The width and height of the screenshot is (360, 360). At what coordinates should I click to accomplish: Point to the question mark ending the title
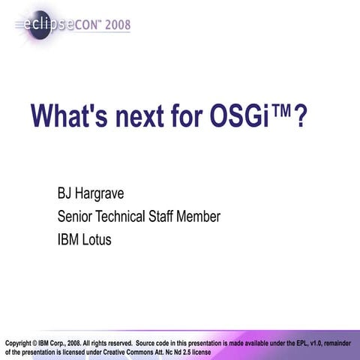click(301, 116)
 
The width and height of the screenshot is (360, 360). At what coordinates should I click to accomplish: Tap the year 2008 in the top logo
click(118, 25)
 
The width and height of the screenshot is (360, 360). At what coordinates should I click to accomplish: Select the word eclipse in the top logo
click(48, 25)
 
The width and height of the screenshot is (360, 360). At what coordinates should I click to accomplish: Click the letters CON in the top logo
click(86, 25)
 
